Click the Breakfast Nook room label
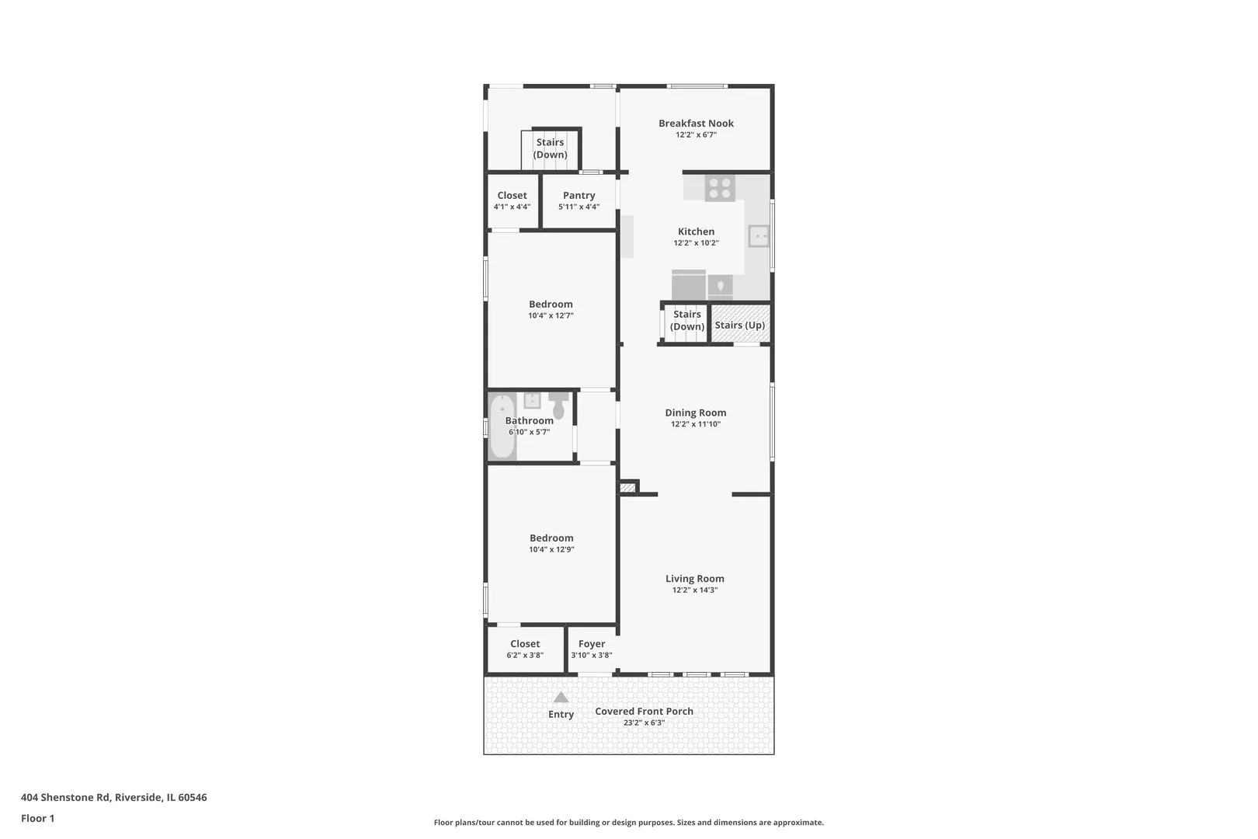[696, 123]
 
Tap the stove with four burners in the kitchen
[719, 188]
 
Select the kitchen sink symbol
[759, 236]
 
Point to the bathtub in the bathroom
[502, 426]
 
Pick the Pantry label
[579, 195]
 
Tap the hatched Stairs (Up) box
[740, 324]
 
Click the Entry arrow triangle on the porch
[561, 698]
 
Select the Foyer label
[592, 643]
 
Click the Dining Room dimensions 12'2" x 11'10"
[696, 424]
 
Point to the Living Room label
[695, 578]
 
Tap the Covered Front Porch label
[645, 711]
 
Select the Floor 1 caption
[37, 818]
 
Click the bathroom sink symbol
[532, 401]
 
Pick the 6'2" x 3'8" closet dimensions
[525, 655]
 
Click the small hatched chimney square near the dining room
[627, 488]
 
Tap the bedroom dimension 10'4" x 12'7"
[551, 316]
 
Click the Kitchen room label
[696, 231]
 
